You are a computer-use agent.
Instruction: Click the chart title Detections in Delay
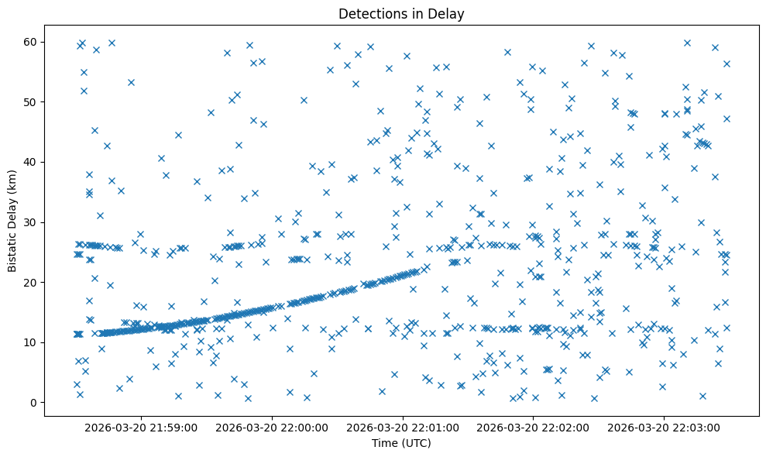401,13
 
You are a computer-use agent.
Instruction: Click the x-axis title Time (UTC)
401,443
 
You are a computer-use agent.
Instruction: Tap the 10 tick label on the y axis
32,342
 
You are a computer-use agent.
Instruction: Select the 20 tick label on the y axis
32,282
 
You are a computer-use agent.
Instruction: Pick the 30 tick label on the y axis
32,222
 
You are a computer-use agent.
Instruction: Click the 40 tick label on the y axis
32,162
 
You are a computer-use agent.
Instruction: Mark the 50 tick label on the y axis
32,101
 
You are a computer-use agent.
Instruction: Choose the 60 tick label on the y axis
32,42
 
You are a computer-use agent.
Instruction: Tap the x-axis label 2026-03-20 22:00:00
273,427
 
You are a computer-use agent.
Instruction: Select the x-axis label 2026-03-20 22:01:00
403,427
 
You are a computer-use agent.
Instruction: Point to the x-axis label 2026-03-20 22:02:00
533,427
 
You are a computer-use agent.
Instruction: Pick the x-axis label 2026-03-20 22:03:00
664,427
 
